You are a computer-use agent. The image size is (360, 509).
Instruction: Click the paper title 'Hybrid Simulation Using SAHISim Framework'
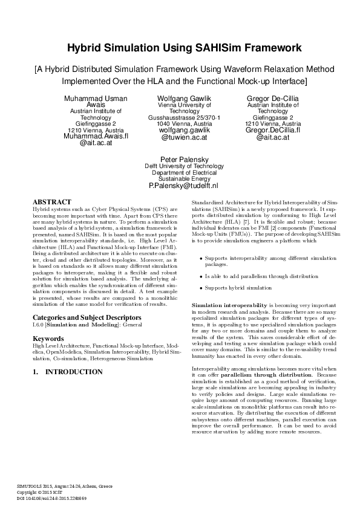click(180, 47)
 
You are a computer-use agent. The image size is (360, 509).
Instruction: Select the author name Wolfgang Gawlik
click(180, 99)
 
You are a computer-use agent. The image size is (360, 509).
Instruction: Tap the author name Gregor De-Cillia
click(264, 99)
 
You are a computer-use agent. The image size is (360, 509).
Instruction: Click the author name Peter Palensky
click(180, 160)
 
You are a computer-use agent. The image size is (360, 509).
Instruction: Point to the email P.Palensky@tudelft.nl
click(180, 186)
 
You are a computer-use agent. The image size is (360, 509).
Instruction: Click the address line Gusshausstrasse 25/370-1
click(180, 117)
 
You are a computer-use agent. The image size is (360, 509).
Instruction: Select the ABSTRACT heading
click(51, 201)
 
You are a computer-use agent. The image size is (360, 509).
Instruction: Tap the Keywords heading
click(48, 339)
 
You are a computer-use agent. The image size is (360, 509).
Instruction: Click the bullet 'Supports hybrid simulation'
click(238, 288)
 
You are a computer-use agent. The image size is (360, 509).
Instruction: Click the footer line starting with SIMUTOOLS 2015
click(64, 486)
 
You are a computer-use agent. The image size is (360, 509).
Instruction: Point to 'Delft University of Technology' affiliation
click(180, 166)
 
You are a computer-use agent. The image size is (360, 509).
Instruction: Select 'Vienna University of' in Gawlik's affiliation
click(180, 105)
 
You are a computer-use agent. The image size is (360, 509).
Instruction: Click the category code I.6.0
click(38, 325)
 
